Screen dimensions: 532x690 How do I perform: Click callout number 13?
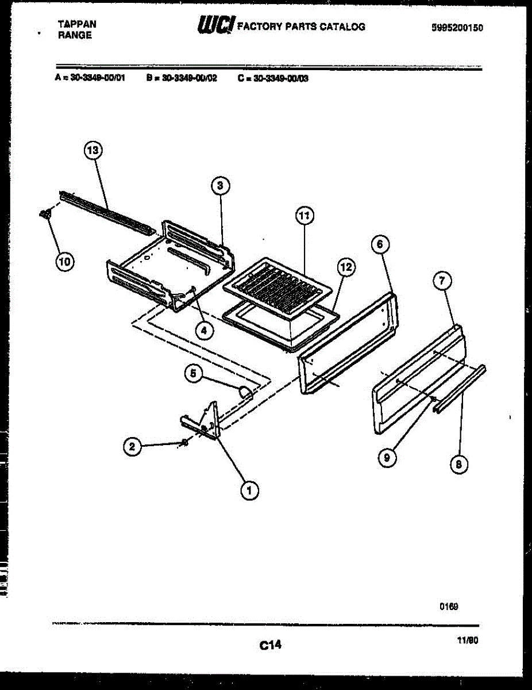(x=92, y=151)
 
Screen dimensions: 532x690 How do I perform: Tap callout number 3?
(x=220, y=185)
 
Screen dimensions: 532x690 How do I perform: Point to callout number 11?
(x=305, y=216)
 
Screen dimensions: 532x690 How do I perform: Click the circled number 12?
(x=346, y=267)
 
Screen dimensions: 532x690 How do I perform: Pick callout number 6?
(x=378, y=244)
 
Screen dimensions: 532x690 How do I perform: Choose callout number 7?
(x=442, y=281)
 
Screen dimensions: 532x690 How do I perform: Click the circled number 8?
(x=458, y=465)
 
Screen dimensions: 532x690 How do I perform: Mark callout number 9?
(x=387, y=457)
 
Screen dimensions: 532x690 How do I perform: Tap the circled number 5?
(x=193, y=373)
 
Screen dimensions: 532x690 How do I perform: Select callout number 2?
(x=133, y=447)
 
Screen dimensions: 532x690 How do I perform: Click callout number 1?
(x=249, y=490)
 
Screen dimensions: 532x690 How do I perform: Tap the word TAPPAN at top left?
(x=77, y=24)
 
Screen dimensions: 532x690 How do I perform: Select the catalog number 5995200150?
(x=457, y=27)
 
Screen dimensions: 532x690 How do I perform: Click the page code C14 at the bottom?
(x=269, y=645)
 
